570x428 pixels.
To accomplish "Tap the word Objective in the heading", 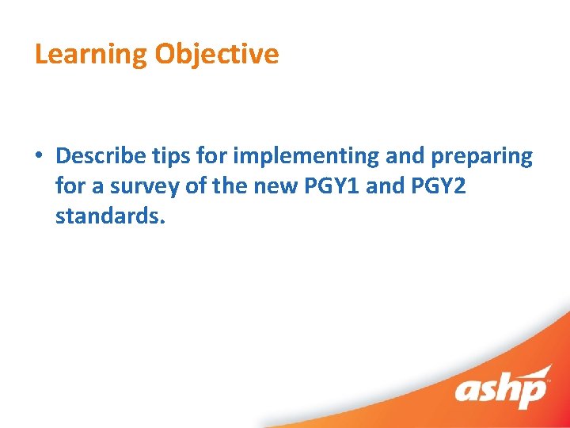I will (217, 55).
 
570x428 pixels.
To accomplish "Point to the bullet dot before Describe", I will (40, 156).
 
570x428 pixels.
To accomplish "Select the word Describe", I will (100, 155).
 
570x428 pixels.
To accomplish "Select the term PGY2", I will (448, 186).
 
